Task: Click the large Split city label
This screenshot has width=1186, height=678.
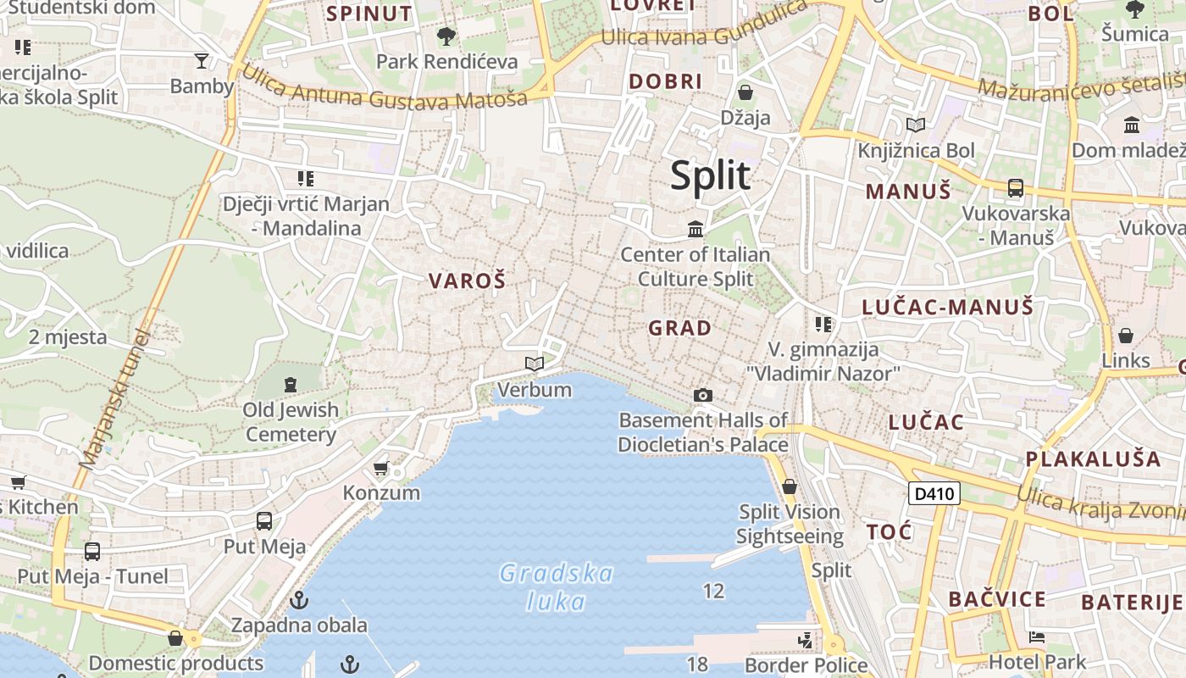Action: (710, 175)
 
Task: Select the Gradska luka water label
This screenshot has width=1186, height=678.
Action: (556, 587)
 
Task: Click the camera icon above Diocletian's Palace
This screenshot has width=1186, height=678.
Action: (702, 395)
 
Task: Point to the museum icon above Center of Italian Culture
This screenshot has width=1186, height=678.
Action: (696, 229)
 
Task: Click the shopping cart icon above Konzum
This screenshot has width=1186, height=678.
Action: (381, 469)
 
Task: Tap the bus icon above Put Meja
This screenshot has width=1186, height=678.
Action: (264, 521)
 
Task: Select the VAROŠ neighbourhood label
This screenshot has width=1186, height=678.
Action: (467, 281)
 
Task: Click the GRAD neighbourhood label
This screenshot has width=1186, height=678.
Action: (679, 328)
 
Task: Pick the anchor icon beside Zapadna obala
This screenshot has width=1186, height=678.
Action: (298, 600)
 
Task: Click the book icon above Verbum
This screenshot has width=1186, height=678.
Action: (534, 364)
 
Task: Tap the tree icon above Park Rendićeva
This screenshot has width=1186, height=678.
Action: (446, 36)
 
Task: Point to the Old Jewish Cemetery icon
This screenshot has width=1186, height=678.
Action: (291, 385)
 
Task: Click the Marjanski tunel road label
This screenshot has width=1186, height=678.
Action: (114, 398)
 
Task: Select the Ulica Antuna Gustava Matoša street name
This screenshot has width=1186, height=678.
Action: (385, 87)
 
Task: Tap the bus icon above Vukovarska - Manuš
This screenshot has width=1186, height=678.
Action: (1015, 188)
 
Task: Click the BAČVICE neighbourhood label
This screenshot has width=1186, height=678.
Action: (997, 600)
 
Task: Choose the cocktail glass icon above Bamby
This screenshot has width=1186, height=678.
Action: (202, 60)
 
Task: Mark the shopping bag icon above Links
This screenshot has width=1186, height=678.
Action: (1126, 336)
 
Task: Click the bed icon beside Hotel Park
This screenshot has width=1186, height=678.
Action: (1036, 637)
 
